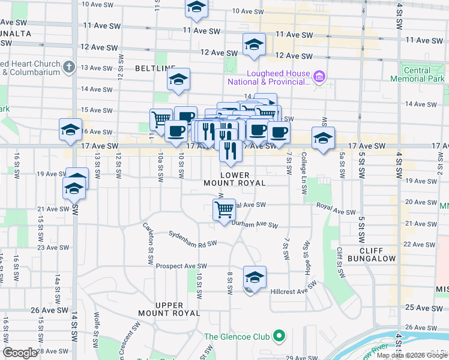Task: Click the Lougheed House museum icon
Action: coord(319,77)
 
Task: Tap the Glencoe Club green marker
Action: coord(279,336)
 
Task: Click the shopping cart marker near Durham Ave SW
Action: coord(224,210)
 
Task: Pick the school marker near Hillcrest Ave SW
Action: coord(255,278)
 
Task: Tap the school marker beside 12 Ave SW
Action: coord(254,44)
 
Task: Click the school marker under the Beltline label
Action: coord(178,79)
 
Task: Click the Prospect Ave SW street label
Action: coord(181,266)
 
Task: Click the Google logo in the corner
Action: coord(20,353)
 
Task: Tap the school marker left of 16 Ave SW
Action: coord(70,130)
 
